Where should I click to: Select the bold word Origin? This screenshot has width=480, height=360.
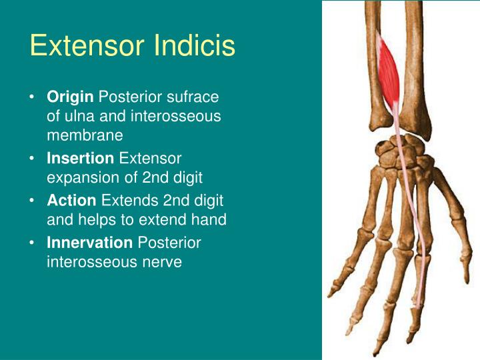(70, 97)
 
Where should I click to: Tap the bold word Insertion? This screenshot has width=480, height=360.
(80, 159)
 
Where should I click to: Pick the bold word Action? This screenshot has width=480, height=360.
(71, 200)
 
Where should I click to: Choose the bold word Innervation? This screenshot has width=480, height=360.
(89, 243)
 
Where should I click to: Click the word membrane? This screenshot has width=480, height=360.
(85, 135)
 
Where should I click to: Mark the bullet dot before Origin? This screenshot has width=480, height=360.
(33, 97)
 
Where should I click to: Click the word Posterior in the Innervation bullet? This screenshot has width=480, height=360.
(168, 243)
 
